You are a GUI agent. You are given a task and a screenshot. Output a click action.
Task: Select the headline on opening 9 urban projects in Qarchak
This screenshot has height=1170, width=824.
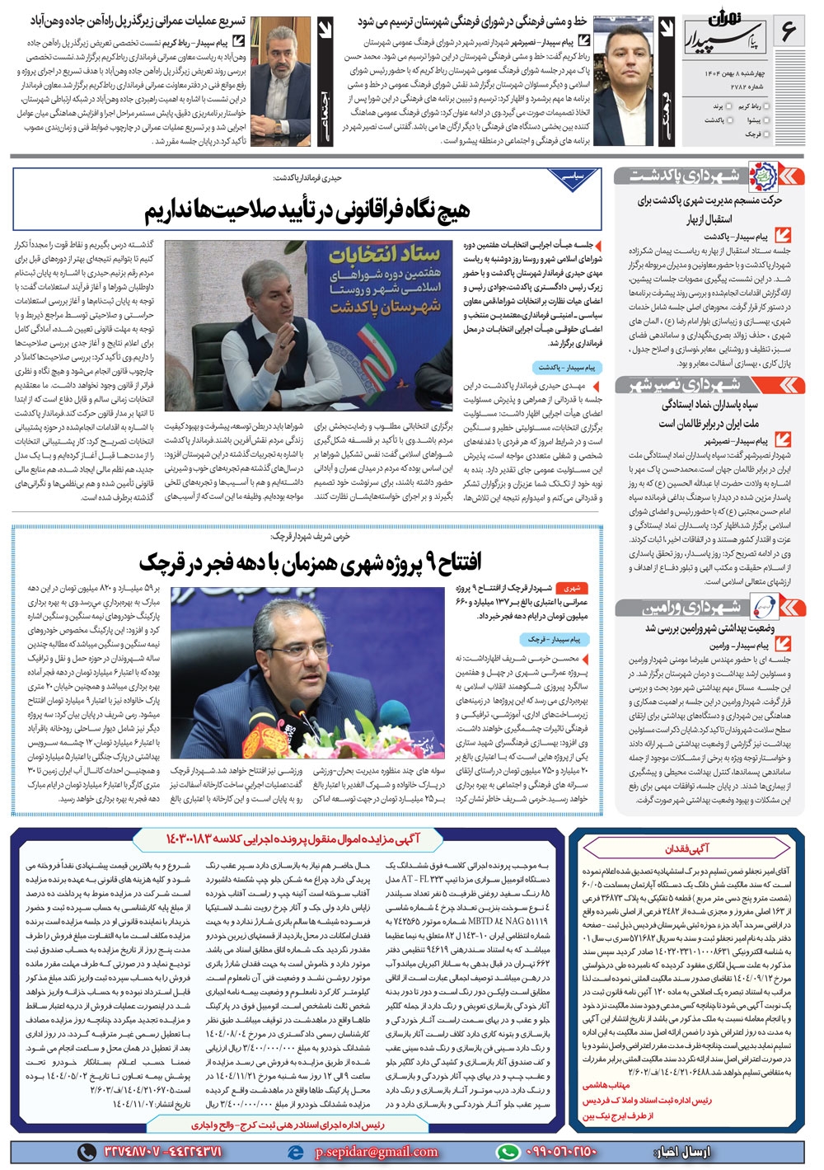click(x=310, y=562)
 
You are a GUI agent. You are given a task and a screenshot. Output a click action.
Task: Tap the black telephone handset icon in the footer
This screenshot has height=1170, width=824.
click(x=87, y=1151)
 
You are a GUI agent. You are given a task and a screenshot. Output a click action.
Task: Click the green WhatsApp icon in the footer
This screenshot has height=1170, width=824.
click(x=509, y=1151)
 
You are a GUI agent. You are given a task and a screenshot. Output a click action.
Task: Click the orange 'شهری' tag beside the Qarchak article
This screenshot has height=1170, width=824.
click(x=572, y=588)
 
